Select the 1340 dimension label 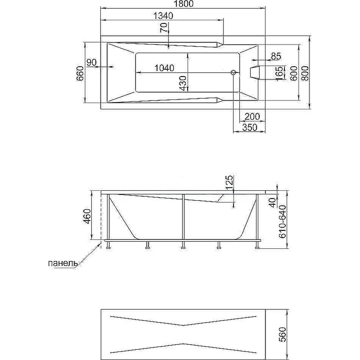[163, 16]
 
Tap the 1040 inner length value [164, 68]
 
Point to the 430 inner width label [183, 83]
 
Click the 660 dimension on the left [80, 73]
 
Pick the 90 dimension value [92, 62]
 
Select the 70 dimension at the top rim [164, 28]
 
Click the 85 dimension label [276, 56]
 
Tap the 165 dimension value [279, 74]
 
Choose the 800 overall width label [305, 73]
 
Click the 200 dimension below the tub [252, 117]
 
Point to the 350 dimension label [250, 127]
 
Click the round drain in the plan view [233, 72]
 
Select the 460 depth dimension [87, 217]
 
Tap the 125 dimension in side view [230, 183]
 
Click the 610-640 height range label [282, 222]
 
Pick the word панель [63, 263]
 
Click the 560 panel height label [283, 335]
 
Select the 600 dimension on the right [294, 73]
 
